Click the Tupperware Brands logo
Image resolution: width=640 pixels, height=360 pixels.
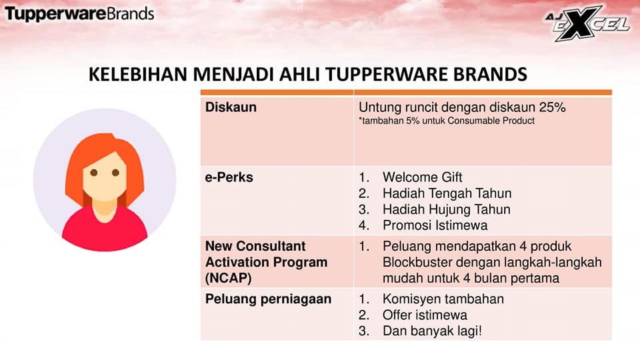coord(79,14)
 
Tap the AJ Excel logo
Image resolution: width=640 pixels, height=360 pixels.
coord(588,24)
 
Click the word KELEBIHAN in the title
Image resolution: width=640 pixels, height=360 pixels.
coord(138,74)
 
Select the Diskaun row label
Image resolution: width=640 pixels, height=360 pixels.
coord(231,107)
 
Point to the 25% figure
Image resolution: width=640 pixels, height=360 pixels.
coord(552,107)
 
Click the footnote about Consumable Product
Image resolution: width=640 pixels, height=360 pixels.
coord(447,121)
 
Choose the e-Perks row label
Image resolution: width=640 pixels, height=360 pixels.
coord(229,177)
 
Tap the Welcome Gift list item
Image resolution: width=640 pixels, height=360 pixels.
coord(422,177)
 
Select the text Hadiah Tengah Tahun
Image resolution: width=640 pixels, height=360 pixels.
coord(447,193)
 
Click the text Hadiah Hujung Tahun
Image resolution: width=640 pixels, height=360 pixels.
coord(447,209)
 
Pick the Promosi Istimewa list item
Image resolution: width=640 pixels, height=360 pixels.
coord(435,225)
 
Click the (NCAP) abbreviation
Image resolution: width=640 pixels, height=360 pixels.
coord(228,279)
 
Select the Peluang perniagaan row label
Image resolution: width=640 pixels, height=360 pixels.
coord(268,299)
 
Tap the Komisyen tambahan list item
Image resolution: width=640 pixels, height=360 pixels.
coord(443,299)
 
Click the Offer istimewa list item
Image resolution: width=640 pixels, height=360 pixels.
coord(425,315)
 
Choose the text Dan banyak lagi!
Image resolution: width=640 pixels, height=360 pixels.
coord(432,331)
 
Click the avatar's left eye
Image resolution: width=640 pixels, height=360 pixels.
coord(94,173)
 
